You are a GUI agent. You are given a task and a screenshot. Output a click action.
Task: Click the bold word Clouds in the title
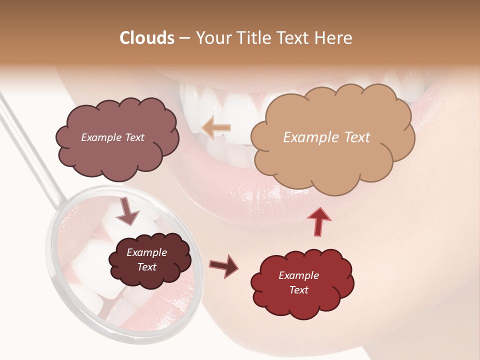click(146, 38)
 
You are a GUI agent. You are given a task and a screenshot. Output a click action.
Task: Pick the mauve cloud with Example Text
click(116, 155)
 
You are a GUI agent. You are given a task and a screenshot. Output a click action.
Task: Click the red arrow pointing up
click(319, 221)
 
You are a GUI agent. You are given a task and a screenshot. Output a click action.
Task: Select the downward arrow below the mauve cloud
click(127, 211)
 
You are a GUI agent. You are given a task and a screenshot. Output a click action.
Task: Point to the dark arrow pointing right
click(224, 266)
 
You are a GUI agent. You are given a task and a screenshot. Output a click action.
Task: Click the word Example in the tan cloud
click(310, 137)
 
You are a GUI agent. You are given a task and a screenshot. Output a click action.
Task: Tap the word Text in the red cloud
click(298, 290)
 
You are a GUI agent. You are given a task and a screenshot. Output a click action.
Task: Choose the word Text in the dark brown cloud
click(146, 267)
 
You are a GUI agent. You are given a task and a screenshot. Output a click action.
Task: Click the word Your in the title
click(210, 38)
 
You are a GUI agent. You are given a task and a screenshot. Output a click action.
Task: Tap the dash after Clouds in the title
click(184, 38)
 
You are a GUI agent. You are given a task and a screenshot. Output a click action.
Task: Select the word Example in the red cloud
click(298, 275)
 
